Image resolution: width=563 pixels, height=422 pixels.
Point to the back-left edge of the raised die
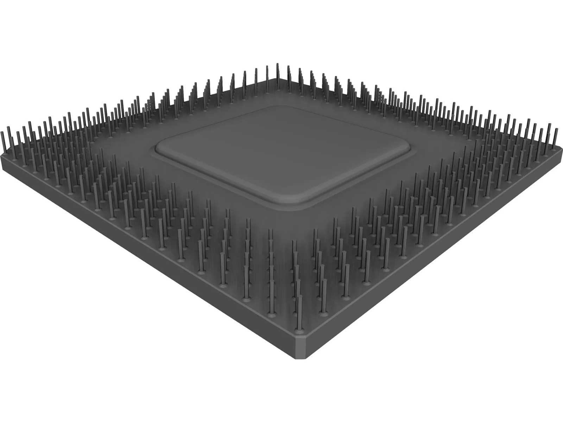215,125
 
